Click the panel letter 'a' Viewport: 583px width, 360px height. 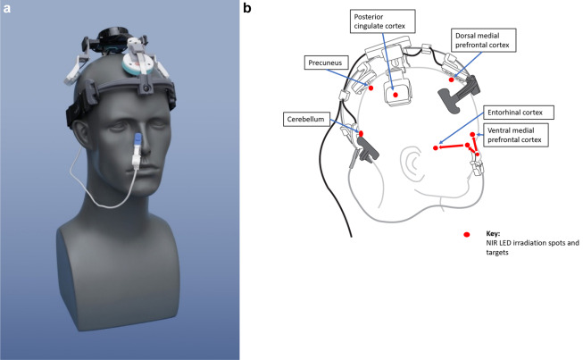(x=6, y=8)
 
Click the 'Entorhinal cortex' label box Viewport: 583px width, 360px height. (x=517, y=113)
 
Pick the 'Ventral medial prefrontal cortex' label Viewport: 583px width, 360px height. (x=517, y=135)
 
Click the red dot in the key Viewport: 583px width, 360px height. (x=466, y=235)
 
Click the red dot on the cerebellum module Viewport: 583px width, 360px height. (x=361, y=132)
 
